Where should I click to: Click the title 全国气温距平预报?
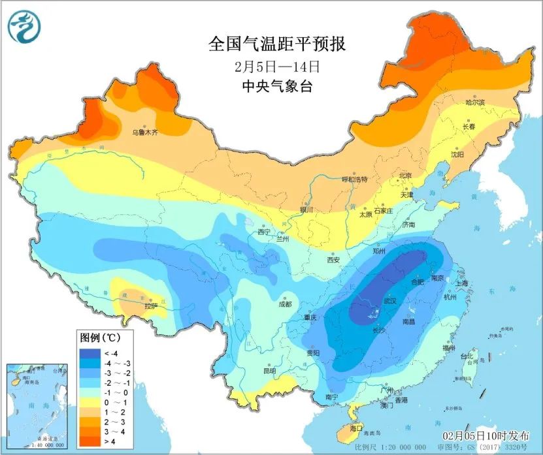click(x=276, y=45)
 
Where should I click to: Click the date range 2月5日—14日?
click(x=276, y=67)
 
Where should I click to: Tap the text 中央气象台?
click(x=276, y=86)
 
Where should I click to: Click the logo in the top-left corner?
click(x=24, y=26)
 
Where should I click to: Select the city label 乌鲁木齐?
click(x=145, y=132)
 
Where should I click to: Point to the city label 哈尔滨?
click(x=474, y=103)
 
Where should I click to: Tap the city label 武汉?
click(x=390, y=302)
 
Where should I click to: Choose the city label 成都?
click(x=285, y=304)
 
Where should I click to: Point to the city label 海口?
click(x=356, y=428)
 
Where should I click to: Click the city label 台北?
click(x=467, y=357)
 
